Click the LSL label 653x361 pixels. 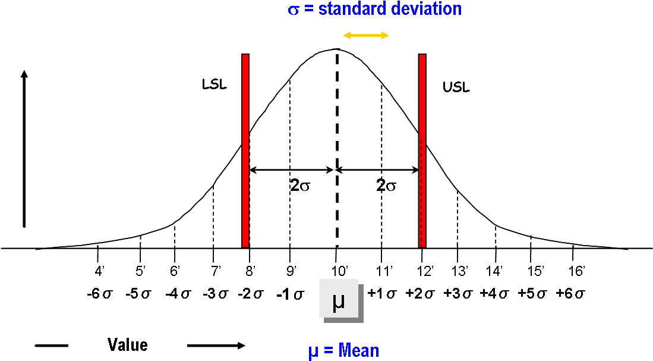214,84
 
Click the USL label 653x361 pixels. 456,87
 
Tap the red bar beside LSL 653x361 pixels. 245,150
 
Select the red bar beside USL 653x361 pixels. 422,150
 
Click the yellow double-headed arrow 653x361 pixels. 365,36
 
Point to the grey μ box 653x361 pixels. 339,299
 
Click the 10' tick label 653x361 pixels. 340,272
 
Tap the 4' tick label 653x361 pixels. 99,272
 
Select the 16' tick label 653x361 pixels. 577,272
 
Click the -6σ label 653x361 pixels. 100,294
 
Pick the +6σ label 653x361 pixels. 570,293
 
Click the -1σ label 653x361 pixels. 291,295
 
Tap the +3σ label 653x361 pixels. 458,293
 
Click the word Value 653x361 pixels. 127,345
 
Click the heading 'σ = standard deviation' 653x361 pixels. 376,9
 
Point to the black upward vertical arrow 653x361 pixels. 24,149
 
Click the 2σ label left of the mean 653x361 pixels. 300,186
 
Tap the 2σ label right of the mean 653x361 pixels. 386,186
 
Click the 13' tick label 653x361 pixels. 460,272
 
